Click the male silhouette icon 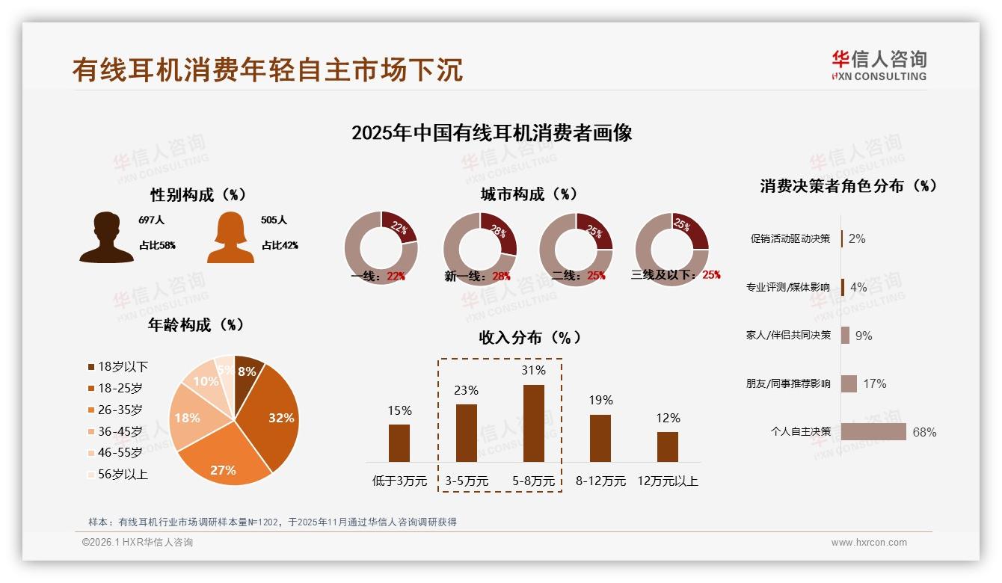pos(106,238)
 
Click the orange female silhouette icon pos(230,238)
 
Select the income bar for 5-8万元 pos(533,423)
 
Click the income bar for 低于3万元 pos(399,442)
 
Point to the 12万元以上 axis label pos(667,481)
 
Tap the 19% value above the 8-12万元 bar pos(600,400)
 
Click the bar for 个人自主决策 pos(873,432)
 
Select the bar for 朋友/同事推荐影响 pos(849,383)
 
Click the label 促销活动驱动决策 pos(790,238)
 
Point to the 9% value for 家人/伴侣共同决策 pos(864,336)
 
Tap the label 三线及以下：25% pos(676,275)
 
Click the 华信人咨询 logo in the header pos(879,65)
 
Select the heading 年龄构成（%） pos(197,324)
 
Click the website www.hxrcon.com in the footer pos(869,543)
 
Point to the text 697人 pos(151,220)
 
